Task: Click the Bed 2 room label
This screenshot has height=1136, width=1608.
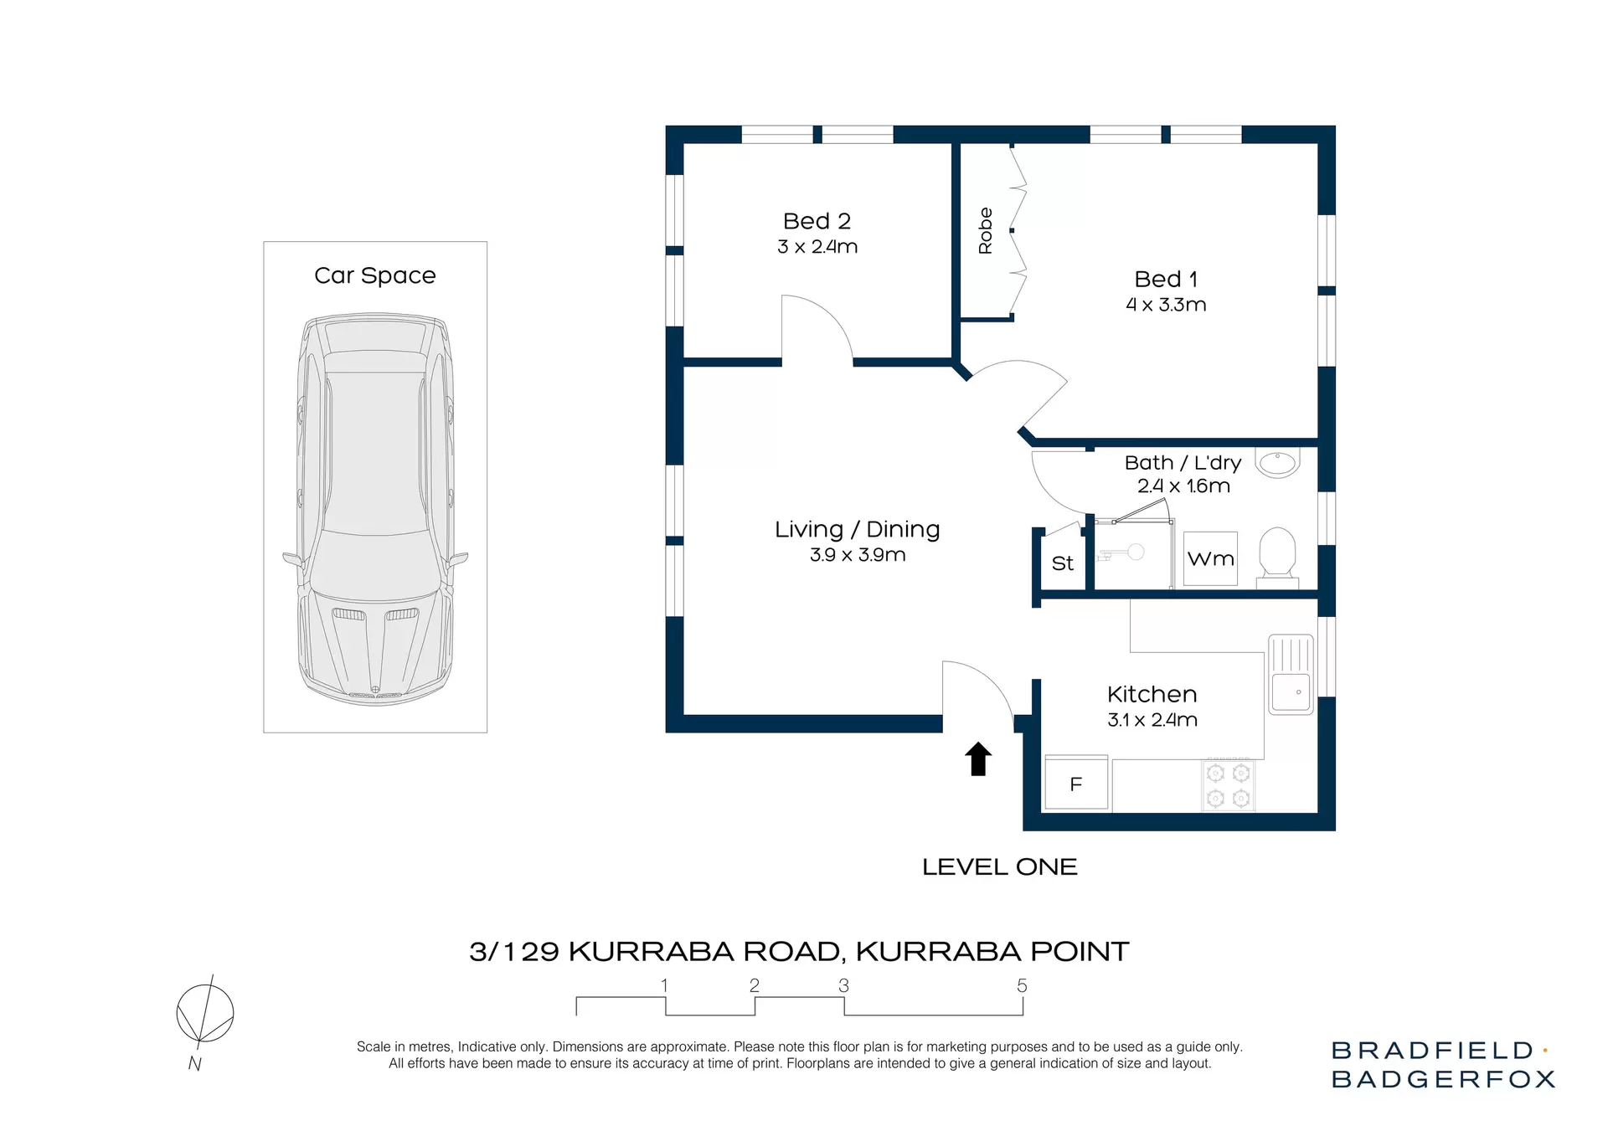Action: point(817,221)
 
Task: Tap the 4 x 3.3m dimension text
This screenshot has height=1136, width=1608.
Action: point(1166,305)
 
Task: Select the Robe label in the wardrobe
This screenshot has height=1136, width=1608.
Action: point(986,231)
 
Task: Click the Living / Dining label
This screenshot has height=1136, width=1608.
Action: point(857,529)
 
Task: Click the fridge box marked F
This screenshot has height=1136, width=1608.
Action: point(1076,784)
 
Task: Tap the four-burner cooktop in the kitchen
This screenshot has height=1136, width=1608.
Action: point(1229,785)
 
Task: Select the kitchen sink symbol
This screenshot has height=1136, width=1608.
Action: point(1291,675)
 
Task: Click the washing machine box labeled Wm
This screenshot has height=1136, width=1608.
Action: point(1211,559)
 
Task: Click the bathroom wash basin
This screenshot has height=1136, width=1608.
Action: point(1278,463)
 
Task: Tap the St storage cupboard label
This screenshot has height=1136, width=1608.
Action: point(1062,563)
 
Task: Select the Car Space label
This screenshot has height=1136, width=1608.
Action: point(374,275)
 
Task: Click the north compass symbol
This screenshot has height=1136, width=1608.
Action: point(204,1014)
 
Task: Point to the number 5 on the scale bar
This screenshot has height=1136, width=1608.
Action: point(1022,986)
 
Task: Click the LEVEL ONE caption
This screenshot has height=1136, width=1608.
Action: point(999,867)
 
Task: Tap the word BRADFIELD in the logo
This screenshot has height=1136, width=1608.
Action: point(1431,1051)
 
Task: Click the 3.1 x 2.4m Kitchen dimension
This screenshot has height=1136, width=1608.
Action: point(1152,720)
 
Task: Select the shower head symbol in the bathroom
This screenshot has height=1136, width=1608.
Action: point(1134,552)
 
